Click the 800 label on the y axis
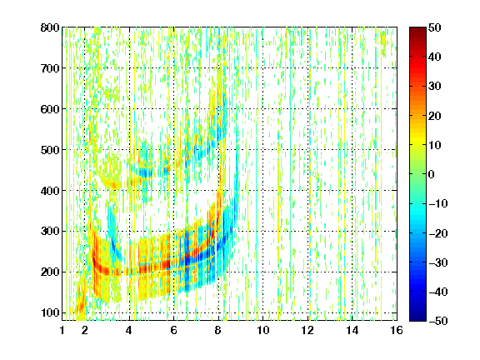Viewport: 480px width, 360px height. coord(50,27)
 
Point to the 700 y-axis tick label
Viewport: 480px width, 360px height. coord(50,68)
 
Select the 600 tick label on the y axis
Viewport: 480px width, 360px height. coord(50,109)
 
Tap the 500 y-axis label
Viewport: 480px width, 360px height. coord(50,150)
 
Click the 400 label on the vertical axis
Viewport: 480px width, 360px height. coord(50,191)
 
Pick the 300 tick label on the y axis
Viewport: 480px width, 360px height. coord(50,232)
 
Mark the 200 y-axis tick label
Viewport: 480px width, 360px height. coord(50,272)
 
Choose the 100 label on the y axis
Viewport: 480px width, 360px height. coord(50,312)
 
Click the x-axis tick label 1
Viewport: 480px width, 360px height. coord(62,330)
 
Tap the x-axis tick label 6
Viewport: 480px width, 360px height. coord(174,330)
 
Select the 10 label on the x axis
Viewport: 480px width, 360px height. coord(262,330)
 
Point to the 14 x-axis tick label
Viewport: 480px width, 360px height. coord(352,330)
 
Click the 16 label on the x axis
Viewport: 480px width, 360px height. coord(397,330)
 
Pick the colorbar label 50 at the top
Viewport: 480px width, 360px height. coord(435,27)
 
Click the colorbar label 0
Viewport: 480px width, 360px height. coord(432,174)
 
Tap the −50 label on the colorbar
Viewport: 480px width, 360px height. coord(438,321)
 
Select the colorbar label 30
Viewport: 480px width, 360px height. coord(435,87)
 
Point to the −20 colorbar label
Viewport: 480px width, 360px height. coord(438,233)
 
